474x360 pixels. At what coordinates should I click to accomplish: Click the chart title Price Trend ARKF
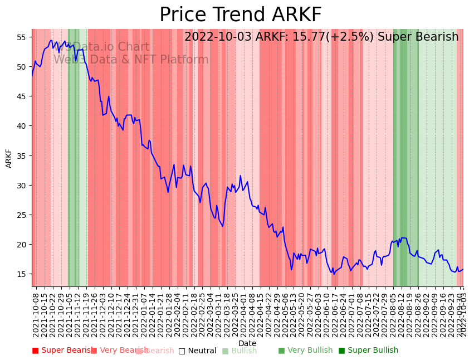(x=240, y=15)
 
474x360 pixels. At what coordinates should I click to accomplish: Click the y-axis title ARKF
(x=9, y=158)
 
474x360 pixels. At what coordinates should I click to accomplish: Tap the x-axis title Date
(x=247, y=343)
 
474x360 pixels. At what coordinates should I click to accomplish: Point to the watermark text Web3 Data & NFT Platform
(x=131, y=60)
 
